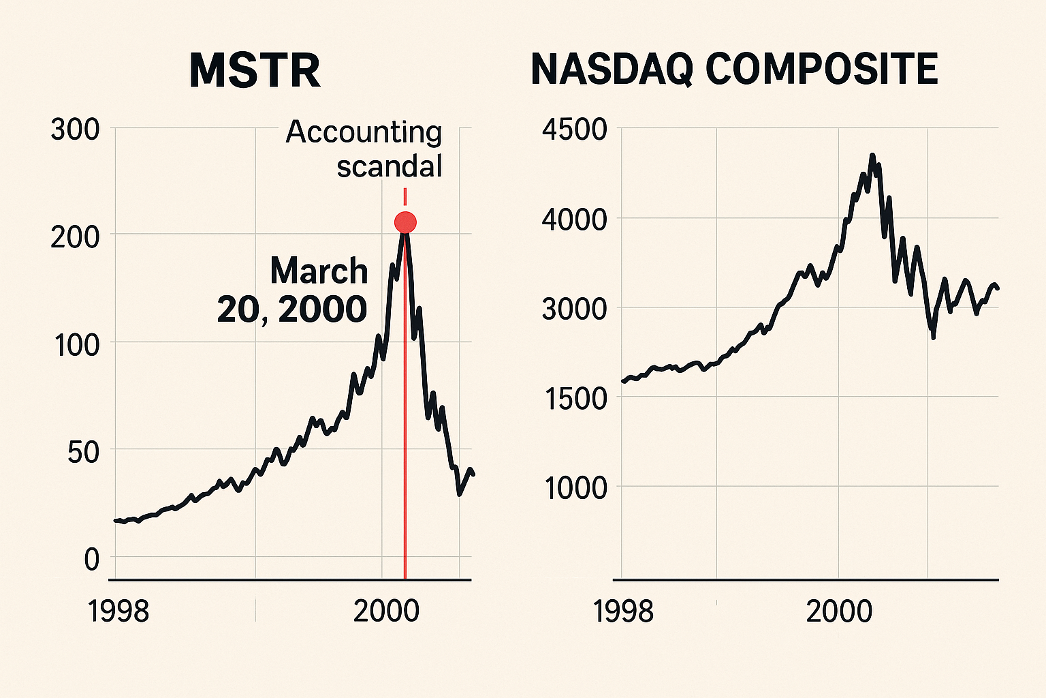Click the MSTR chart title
255,70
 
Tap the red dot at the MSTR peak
405,222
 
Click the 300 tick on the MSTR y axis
75,130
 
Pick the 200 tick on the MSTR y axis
75,237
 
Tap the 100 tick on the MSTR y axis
76,345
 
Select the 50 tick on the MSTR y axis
83,452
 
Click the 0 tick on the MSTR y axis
92,560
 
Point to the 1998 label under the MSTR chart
118,611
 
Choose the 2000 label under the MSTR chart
386,611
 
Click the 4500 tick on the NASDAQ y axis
574,130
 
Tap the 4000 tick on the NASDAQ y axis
574,220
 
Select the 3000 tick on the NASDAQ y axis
574,309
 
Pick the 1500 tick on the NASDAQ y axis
574,399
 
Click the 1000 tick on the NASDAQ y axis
574,488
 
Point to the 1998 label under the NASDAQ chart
623,611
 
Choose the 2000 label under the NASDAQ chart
839,611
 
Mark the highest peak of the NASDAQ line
872,156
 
